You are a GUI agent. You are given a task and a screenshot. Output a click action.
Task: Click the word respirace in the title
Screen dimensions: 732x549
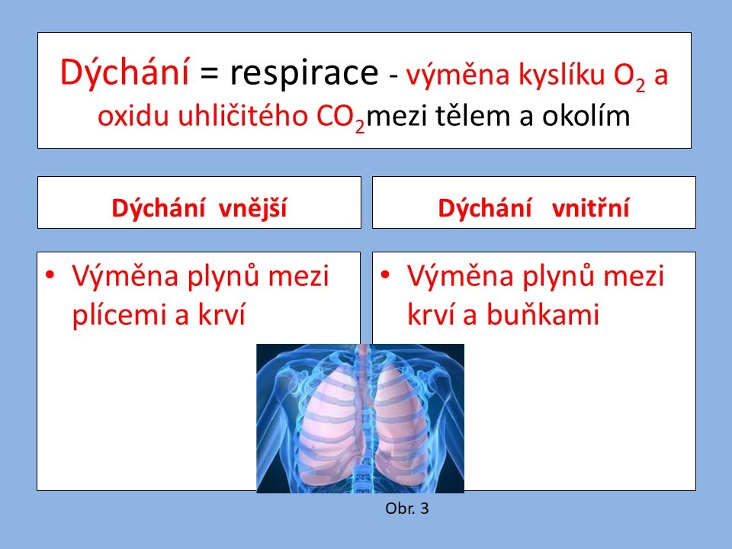[x=303, y=73]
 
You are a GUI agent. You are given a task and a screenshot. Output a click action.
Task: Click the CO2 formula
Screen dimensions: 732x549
[x=341, y=118]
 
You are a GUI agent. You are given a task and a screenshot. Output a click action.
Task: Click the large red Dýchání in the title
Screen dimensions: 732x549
[x=124, y=72]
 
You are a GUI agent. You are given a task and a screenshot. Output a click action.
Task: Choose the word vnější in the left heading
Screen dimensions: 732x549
[x=252, y=207]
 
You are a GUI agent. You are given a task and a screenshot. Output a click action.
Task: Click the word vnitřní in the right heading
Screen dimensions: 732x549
[x=590, y=207]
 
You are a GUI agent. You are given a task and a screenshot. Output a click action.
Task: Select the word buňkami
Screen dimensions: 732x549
[x=543, y=313]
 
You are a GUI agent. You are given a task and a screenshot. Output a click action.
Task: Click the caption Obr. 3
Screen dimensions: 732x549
[x=406, y=509]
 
